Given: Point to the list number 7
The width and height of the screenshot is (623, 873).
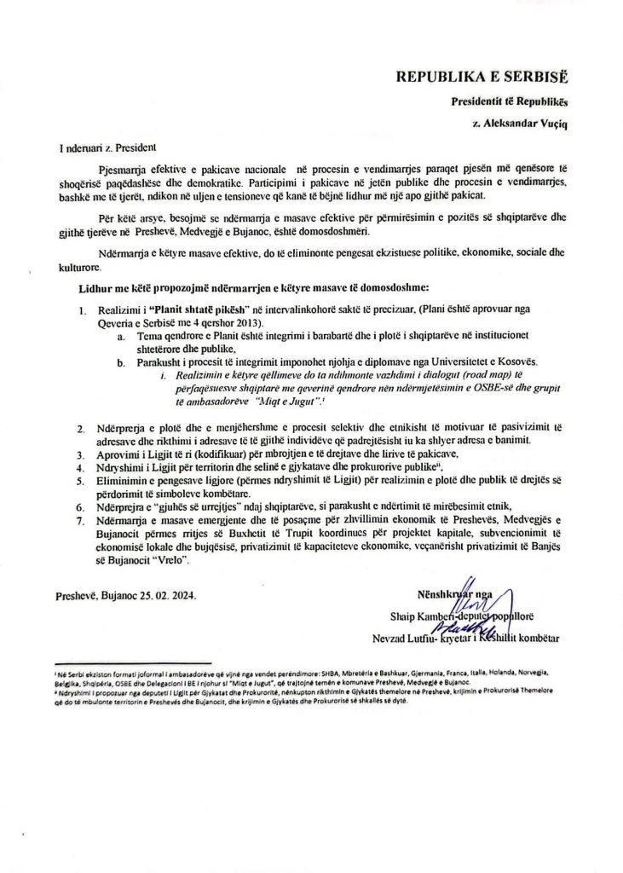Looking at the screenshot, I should [81, 542].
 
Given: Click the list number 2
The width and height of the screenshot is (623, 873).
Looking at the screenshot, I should [81, 425].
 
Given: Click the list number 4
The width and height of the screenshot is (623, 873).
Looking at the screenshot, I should [81, 468].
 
